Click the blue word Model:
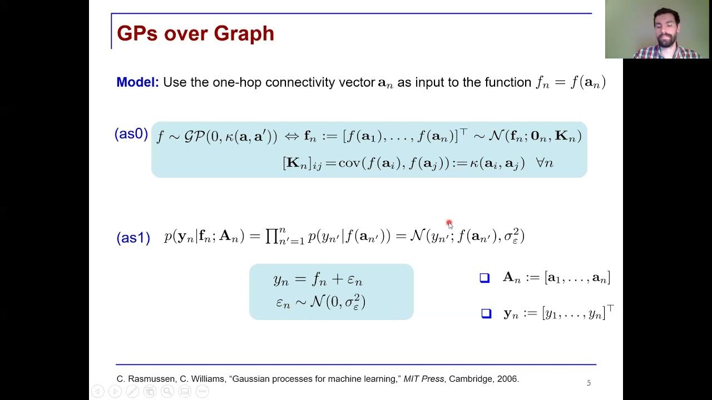coord(137,82)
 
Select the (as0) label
coord(131,134)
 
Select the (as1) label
coord(133,238)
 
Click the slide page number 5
coord(589,383)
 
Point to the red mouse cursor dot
coord(449,223)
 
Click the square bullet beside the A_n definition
coord(484,278)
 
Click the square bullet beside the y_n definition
coord(486,314)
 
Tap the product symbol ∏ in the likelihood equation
coord(272,236)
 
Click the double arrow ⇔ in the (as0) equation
coord(291,136)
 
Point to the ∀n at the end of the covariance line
coord(544,163)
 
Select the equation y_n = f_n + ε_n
coord(318,280)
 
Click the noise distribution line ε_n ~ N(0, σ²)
coord(320,302)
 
